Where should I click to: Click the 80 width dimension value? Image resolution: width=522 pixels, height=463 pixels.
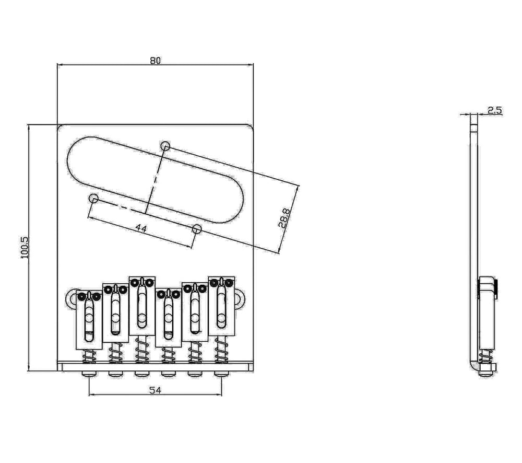tap(155, 61)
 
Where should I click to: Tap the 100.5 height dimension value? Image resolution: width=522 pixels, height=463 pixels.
tap(25, 247)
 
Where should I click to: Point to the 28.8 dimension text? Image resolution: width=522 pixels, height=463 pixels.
tap(283, 217)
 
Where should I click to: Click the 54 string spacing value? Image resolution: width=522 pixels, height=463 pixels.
tap(155, 390)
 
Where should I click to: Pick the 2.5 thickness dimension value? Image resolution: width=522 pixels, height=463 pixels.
tap(495, 110)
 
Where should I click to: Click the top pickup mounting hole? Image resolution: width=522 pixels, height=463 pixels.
tap(165, 146)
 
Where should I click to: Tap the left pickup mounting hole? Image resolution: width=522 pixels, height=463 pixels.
tap(94, 199)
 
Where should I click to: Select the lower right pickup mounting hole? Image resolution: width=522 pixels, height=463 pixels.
tap(197, 229)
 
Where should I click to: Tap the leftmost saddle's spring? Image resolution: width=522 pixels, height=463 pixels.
tap(89, 356)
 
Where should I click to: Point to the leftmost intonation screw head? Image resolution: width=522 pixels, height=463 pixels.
tap(90, 374)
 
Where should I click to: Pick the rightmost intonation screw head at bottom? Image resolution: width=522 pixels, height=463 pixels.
tap(221, 374)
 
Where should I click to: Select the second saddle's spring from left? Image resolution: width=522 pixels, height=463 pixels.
tap(115, 353)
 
